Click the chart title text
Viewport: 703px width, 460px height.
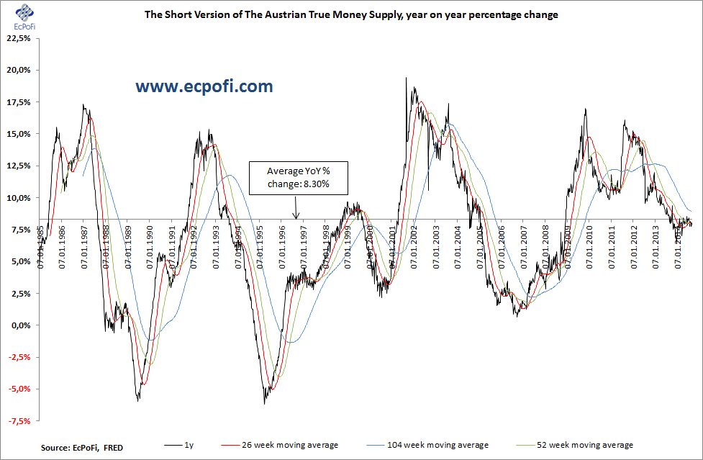351,14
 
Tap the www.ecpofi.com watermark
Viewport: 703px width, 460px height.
205,87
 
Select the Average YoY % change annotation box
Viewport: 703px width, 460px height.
297,177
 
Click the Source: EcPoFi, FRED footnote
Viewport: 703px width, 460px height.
81,447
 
